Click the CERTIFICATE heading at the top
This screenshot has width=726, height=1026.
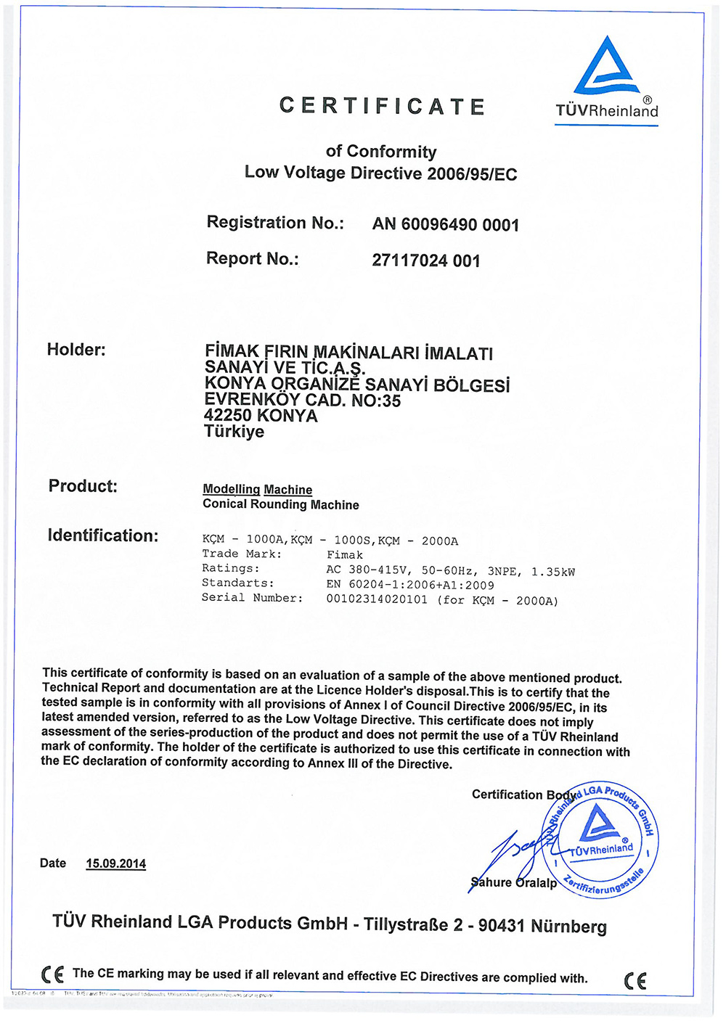coord(382,107)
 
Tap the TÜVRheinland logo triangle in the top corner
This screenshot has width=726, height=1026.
coord(606,67)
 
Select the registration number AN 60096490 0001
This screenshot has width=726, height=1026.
coord(446,225)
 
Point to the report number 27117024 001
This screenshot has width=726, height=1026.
coord(426,260)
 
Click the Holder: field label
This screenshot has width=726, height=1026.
coord(76,350)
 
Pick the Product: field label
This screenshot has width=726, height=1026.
coord(83,486)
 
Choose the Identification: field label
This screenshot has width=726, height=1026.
coord(103,535)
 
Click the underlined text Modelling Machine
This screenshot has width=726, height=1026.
coord(257,490)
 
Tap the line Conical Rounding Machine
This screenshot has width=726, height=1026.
coord(281,504)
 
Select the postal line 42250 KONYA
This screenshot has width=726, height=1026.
coord(261,416)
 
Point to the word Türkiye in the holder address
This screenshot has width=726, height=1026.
coord(234,432)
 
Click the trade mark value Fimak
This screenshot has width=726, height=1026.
coord(345,555)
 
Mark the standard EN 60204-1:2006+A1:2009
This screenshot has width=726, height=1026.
coord(410,585)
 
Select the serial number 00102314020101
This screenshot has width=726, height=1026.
coord(377,600)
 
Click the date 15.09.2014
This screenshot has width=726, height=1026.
coord(116,863)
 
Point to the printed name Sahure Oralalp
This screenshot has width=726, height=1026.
coord(513,882)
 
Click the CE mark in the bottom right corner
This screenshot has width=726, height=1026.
coord(635,981)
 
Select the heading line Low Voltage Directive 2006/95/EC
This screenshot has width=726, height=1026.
coord(381,173)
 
